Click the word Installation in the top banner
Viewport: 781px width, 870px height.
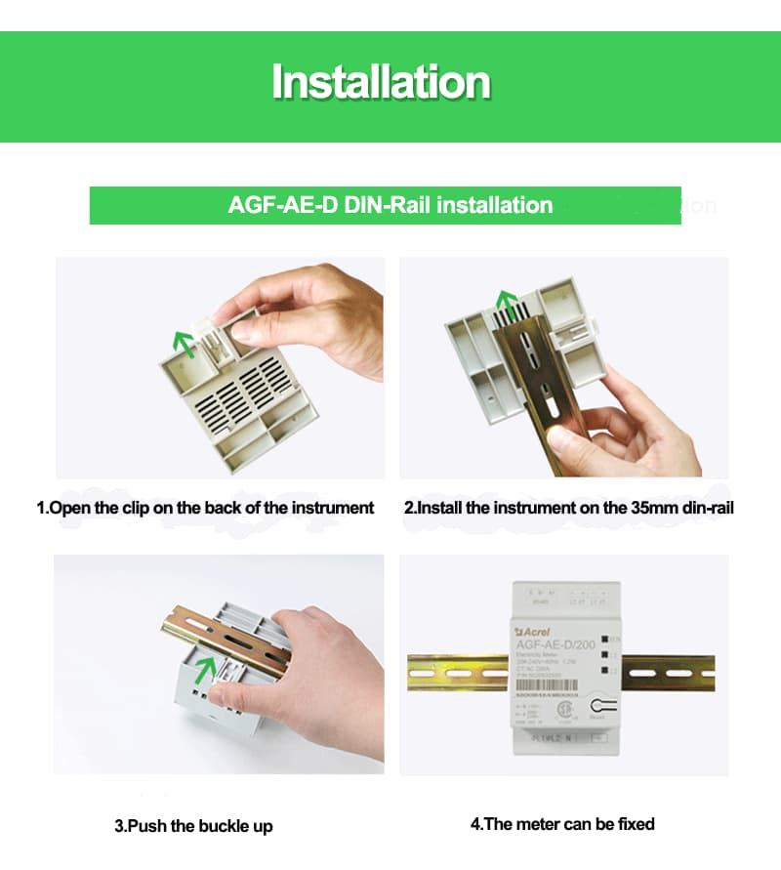381,82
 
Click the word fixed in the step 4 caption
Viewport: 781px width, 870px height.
636,824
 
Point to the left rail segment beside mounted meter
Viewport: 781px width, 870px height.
454,673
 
